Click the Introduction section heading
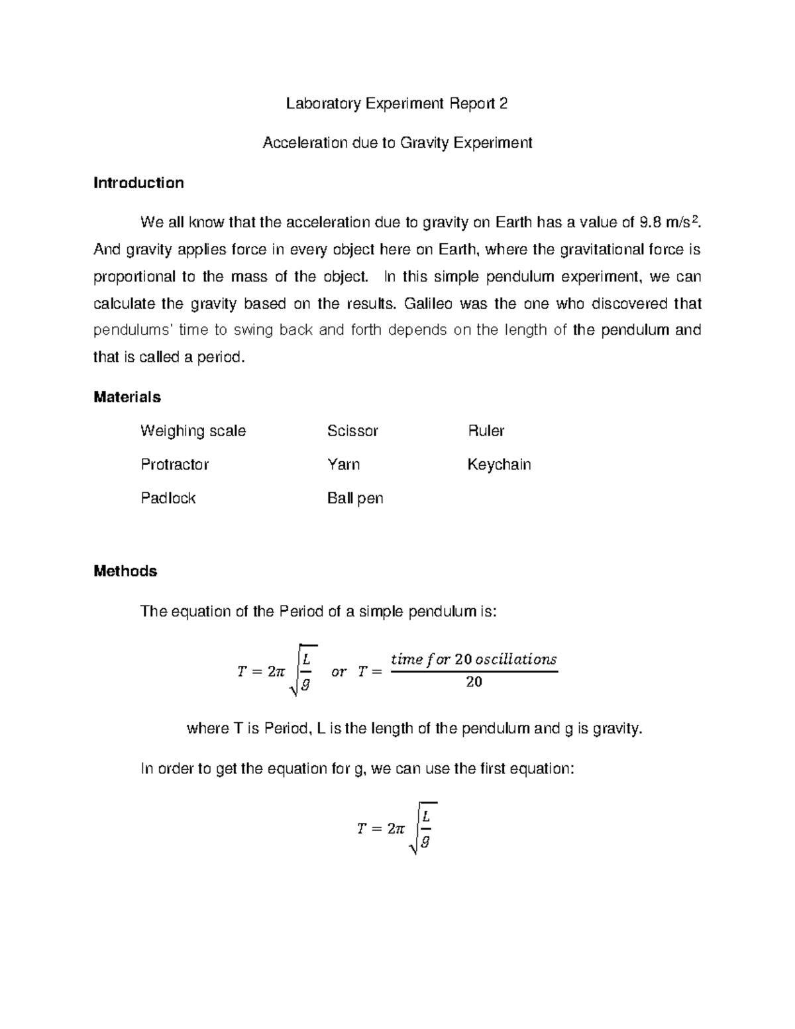pyautogui.click(x=138, y=183)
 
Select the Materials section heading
pyautogui.click(x=127, y=397)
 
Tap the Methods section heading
pyautogui.click(x=125, y=571)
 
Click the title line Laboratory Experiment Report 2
pyautogui.click(x=397, y=103)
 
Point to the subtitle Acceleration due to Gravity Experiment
pyautogui.click(x=397, y=142)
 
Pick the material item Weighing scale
pyautogui.click(x=193, y=431)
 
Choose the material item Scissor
pyautogui.click(x=352, y=431)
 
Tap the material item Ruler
pyautogui.click(x=486, y=431)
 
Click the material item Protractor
pyautogui.click(x=174, y=464)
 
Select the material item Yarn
pyautogui.click(x=343, y=464)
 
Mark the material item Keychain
pyautogui.click(x=499, y=464)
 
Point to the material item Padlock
pyautogui.click(x=168, y=498)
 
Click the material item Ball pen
pyautogui.click(x=355, y=498)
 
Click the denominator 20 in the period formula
pyautogui.click(x=474, y=682)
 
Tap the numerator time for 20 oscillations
pyautogui.click(x=474, y=659)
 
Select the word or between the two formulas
pyautogui.click(x=339, y=671)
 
